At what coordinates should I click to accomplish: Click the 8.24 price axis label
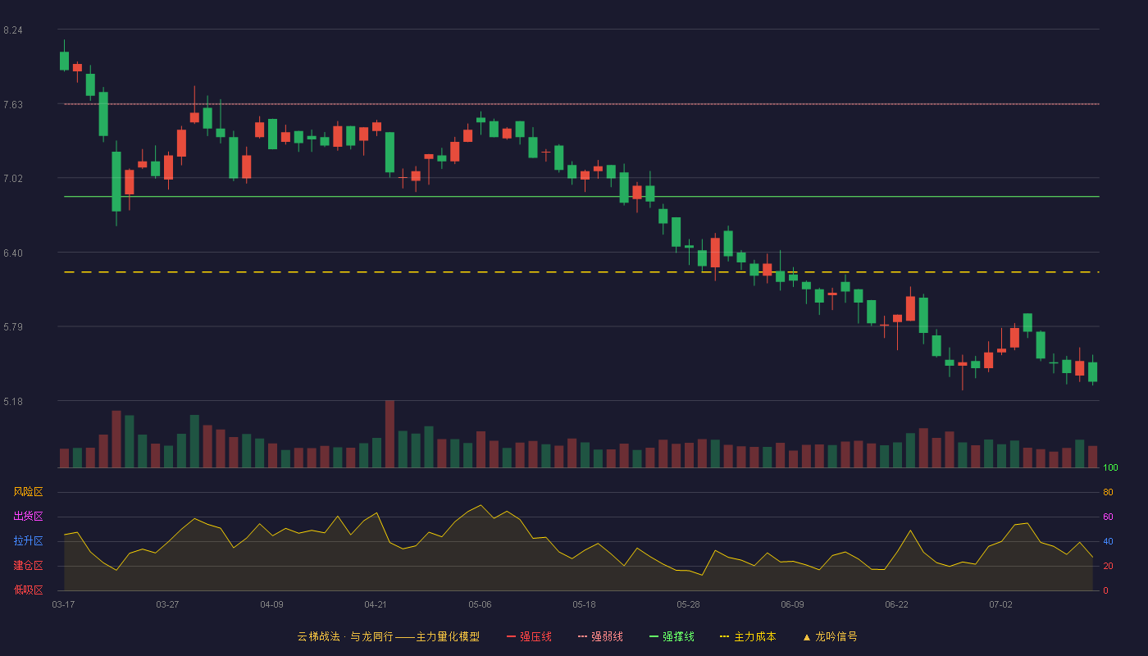13,30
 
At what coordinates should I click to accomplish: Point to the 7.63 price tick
13,105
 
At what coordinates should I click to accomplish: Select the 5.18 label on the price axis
13,401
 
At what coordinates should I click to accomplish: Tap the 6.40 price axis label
13,253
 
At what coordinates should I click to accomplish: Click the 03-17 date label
64,604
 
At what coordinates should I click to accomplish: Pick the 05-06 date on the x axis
480,604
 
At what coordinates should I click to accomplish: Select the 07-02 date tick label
1000,604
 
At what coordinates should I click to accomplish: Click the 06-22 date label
896,604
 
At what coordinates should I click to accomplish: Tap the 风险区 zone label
28,492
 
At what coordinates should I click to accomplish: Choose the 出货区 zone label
28,516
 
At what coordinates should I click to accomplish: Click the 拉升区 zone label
28,540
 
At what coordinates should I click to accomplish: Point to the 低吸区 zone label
28,590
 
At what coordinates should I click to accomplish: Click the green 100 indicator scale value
1110,467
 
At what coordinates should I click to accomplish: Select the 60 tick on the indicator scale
1108,517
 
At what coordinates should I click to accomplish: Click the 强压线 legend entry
529,636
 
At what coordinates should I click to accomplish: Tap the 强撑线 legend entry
672,636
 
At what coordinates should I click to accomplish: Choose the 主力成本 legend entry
748,636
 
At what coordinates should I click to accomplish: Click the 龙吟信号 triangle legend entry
830,636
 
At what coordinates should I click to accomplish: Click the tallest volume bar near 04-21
390,434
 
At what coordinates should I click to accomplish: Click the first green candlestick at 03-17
64,61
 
